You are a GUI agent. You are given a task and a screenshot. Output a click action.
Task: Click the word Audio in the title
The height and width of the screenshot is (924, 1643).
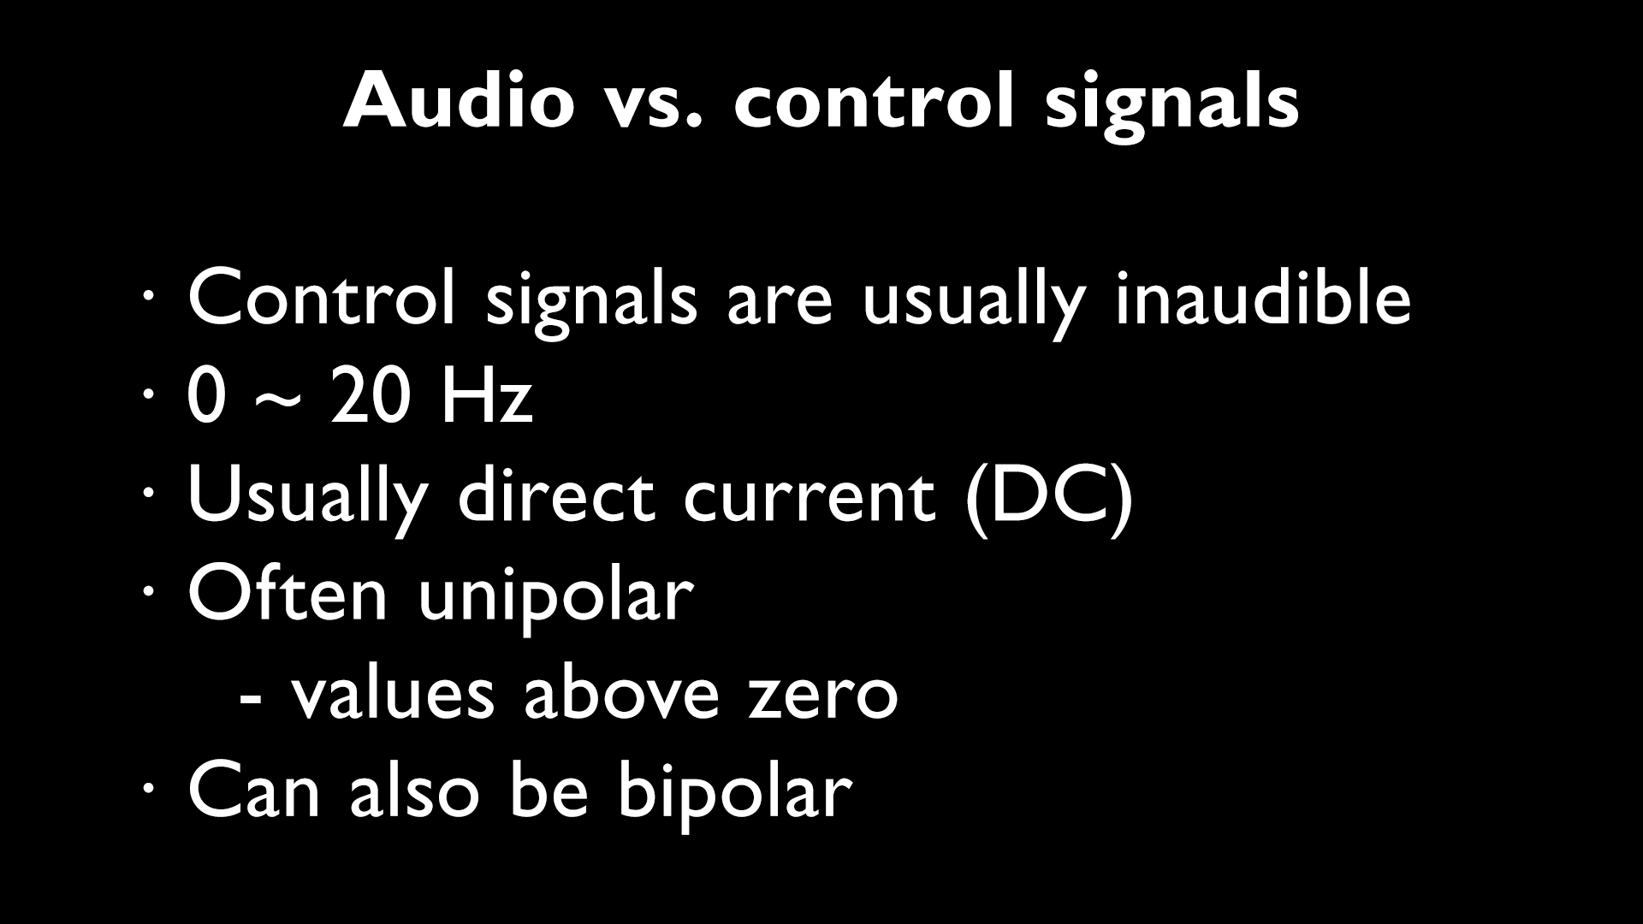click(x=458, y=101)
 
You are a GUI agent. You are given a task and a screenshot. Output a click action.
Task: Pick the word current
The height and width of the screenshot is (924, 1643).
click(x=809, y=498)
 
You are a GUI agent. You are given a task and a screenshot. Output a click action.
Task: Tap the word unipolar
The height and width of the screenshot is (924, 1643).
click(x=555, y=599)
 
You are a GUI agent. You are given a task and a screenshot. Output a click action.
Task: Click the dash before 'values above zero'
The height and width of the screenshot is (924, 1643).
click(x=251, y=697)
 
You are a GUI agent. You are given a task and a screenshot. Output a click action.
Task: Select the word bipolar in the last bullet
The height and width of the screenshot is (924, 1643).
click(x=735, y=791)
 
